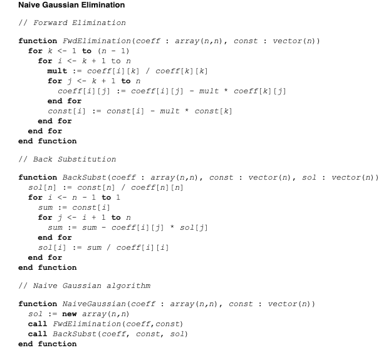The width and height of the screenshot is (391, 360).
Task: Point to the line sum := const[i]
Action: point(69,207)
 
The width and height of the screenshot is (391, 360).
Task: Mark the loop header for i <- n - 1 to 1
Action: point(75,197)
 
